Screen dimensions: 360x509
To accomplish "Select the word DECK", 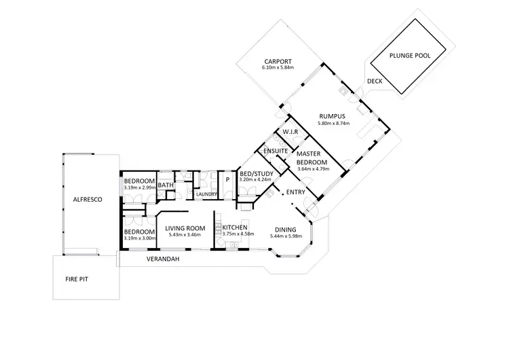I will coord(374,81).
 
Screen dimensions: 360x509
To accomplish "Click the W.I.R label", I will coord(292,131).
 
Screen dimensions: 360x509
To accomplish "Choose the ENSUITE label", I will coord(277,149).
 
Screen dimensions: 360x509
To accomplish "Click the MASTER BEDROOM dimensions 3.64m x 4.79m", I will coord(313,169).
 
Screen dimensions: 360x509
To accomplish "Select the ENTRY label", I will coord(295,193).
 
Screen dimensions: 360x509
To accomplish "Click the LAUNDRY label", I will coord(206,194).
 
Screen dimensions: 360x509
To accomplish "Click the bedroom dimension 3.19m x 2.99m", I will coord(140,187).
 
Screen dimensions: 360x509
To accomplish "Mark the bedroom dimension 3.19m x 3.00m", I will coord(140,238).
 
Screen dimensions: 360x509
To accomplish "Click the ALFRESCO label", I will coord(88,200).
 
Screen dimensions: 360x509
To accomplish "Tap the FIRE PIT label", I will coord(76,278).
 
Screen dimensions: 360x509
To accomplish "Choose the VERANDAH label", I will coord(162,259).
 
